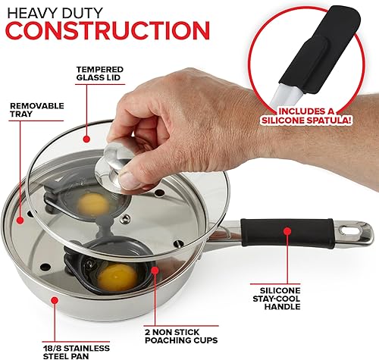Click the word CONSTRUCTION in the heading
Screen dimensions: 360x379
click(105, 30)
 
